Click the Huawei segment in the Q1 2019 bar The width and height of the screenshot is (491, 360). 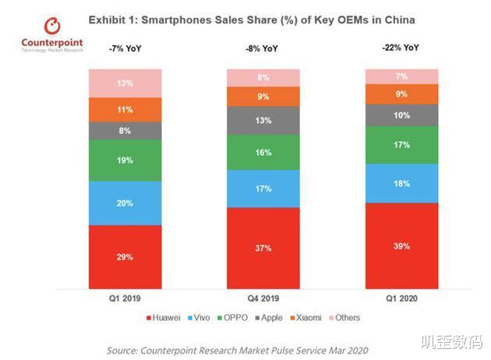pos(125,256)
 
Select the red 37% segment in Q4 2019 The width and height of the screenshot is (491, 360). pos(263,247)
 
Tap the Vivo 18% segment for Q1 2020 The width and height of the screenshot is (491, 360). pos(402,183)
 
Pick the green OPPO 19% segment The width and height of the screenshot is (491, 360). pos(125,160)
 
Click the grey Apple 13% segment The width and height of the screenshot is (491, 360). pos(263,120)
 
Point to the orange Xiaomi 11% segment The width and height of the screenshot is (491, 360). pos(125,109)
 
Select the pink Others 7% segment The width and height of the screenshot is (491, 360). pos(402,76)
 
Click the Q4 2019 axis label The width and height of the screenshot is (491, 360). pos(263,298)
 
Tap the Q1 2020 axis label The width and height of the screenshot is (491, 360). pos(402,298)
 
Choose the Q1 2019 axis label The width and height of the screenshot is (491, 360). pos(125,298)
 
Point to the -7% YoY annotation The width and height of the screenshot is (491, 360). pos(125,50)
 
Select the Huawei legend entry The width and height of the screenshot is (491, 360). pos(165,317)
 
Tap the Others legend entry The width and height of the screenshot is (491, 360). pos(344,317)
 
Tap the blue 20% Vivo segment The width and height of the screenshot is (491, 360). pos(125,203)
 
